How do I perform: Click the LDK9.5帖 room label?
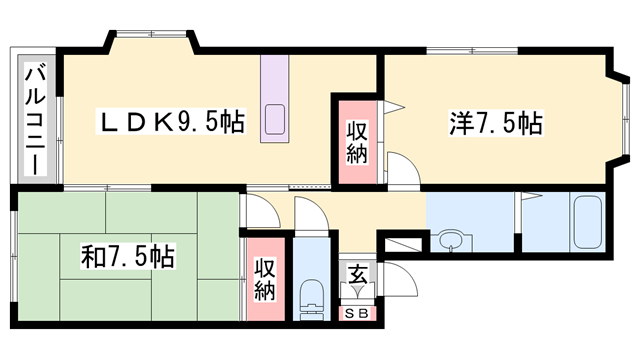point(170,122)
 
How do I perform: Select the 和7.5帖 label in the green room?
point(127,256)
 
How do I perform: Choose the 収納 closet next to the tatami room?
point(264,279)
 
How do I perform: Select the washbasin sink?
point(451,240)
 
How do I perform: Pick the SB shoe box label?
point(357,313)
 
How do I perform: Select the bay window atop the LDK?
point(151,36)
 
